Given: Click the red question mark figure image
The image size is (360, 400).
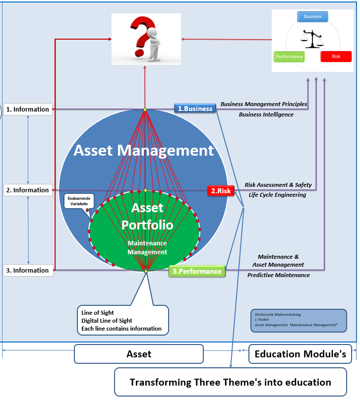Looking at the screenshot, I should [x=146, y=39].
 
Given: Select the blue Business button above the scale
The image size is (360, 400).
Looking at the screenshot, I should [x=312, y=16].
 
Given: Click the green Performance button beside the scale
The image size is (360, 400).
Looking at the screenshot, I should [x=289, y=57].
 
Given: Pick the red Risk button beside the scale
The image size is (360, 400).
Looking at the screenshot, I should [x=336, y=57].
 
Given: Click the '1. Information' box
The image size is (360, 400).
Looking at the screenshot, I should [x=28, y=109].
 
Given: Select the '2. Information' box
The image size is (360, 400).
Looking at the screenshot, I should [x=28, y=190].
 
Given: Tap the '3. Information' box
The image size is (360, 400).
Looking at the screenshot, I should [x=28, y=270].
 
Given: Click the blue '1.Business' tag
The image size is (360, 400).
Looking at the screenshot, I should [x=195, y=109].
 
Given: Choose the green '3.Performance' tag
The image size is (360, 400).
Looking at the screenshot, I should [x=197, y=271].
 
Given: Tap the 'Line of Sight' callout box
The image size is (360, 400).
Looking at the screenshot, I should [x=122, y=320].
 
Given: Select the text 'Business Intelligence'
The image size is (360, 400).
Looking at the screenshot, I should [x=266, y=114].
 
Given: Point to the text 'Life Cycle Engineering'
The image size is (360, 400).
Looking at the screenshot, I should [x=277, y=195].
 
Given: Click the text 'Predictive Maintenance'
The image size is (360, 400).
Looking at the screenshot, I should [x=279, y=275].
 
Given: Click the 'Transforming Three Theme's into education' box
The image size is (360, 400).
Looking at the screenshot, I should [x=230, y=382].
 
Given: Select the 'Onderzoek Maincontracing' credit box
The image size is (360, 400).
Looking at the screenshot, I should [x=299, y=320].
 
